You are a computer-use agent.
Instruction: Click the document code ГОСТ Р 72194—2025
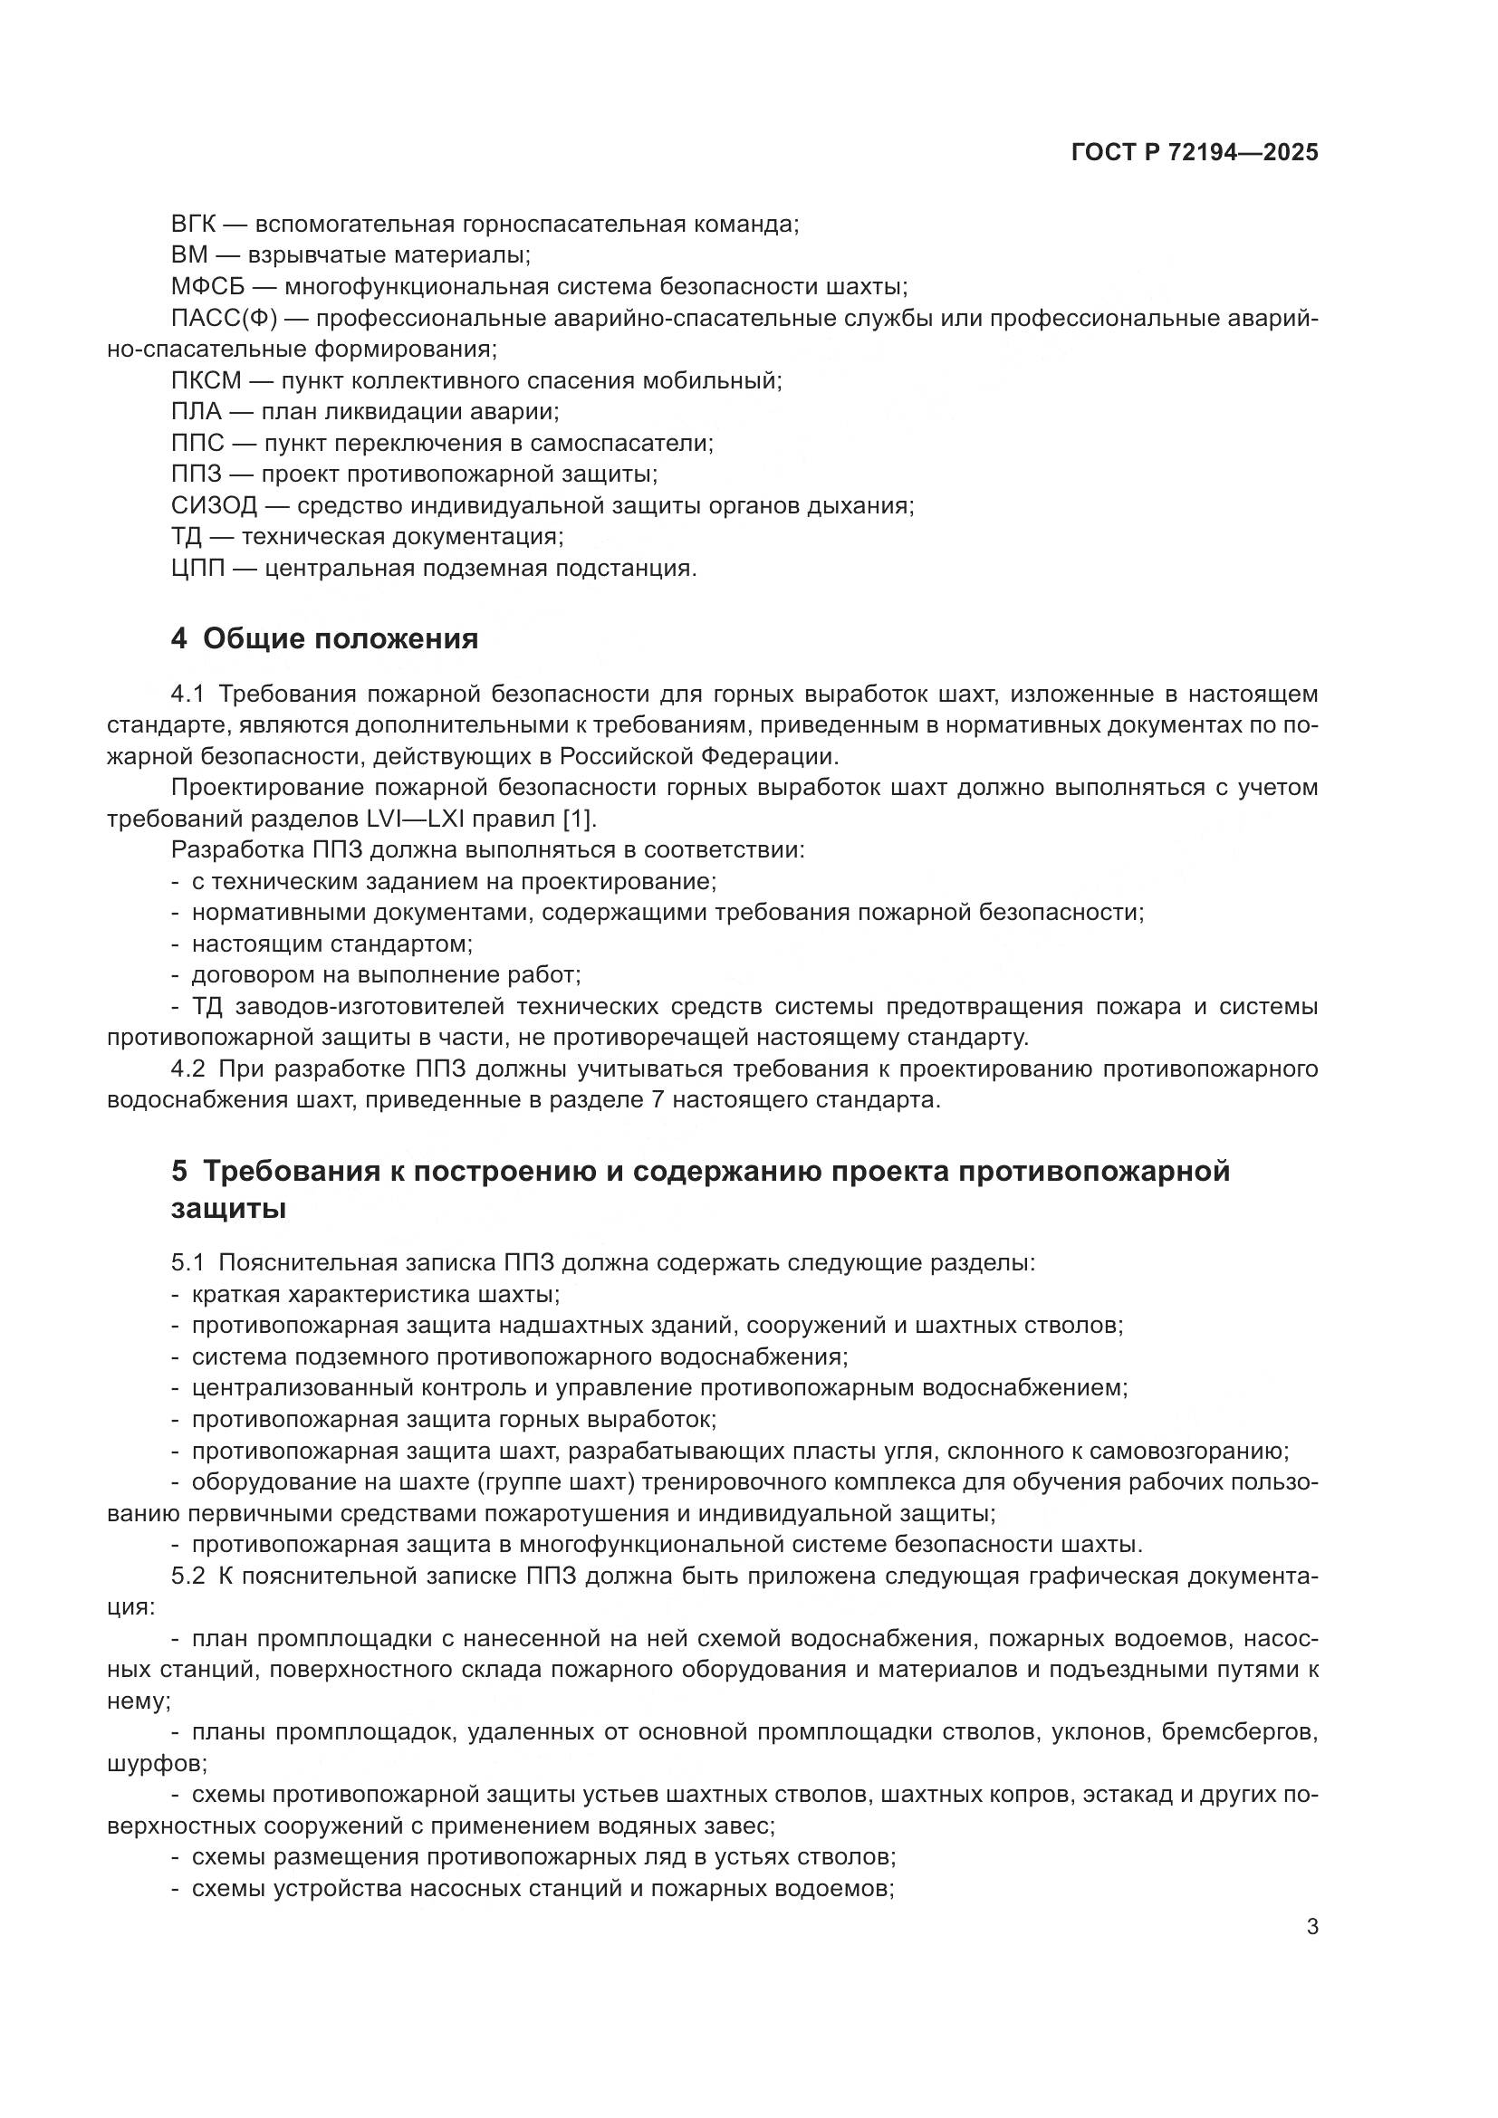pos(1195,152)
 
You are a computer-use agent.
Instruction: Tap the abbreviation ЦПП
pos(197,569)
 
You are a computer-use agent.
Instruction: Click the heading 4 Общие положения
pos(325,638)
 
